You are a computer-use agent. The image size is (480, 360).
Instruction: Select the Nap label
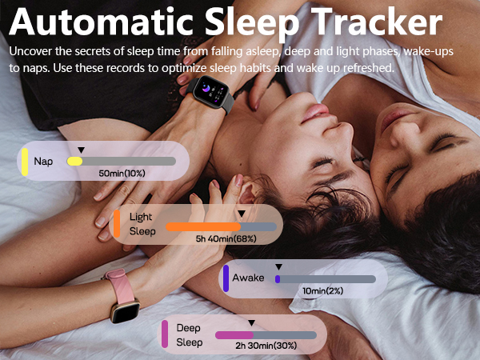pyautogui.click(x=43, y=161)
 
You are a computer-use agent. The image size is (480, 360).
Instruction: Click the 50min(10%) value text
pyautogui.click(x=122, y=174)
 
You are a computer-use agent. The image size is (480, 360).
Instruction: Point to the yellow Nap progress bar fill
pyautogui.click(x=74, y=161)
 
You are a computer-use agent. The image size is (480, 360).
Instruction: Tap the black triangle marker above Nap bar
pyautogui.click(x=80, y=150)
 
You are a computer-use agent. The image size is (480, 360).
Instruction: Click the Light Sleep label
pyautogui.click(x=142, y=224)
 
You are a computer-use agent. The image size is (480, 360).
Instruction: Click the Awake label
pyautogui.click(x=248, y=278)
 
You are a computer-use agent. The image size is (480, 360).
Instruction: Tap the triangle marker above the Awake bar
pyautogui.click(x=278, y=266)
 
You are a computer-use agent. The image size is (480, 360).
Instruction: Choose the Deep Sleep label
pyautogui.click(x=189, y=334)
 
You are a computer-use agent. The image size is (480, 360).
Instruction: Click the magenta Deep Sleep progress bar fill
pyautogui.click(x=234, y=335)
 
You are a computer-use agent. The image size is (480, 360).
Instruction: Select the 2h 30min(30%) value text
pyautogui.click(x=266, y=346)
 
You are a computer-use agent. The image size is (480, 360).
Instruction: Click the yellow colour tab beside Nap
pyautogui.click(x=26, y=161)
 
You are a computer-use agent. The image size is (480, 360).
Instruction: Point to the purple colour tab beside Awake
pyautogui.click(x=226, y=278)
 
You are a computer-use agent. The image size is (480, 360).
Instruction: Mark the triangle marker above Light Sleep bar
pyautogui.click(x=241, y=214)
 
